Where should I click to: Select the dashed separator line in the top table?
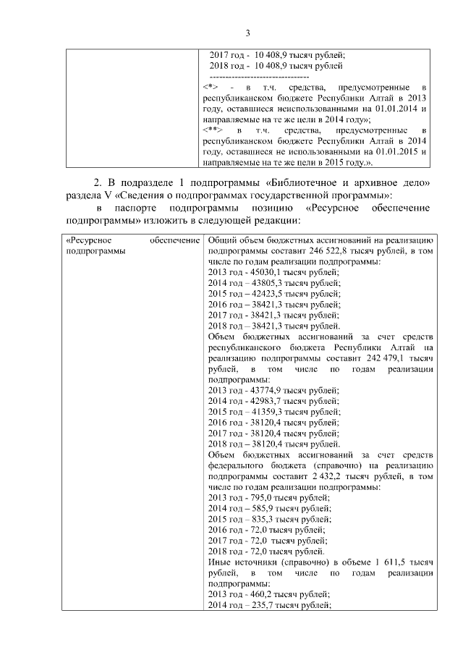click(x=258, y=77)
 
